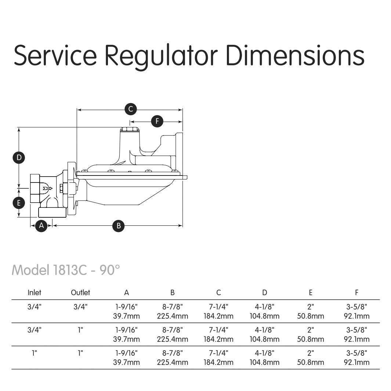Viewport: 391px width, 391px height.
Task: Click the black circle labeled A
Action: point(41,225)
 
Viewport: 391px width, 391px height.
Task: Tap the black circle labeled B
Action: point(119,225)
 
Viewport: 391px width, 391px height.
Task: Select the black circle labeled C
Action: point(130,109)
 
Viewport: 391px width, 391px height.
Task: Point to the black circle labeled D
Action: point(19,158)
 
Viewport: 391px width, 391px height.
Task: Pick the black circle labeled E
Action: point(19,202)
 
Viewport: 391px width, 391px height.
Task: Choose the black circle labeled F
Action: point(157,121)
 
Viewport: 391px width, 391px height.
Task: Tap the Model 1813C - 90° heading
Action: point(66,270)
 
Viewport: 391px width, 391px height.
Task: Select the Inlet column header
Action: point(35,293)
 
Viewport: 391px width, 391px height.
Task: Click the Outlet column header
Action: point(80,293)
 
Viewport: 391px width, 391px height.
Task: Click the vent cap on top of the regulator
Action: point(129,129)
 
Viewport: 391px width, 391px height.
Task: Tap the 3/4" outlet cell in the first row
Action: point(80,307)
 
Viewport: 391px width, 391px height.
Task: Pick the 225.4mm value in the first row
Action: point(173,316)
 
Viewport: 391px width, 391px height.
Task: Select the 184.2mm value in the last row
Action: point(218,362)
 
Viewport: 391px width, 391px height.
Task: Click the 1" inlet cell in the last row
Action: point(35,353)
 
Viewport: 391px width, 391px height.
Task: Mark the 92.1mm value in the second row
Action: point(356,339)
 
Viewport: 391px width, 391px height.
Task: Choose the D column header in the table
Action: point(265,293)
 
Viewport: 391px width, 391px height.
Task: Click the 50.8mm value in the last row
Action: point(311,362)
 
